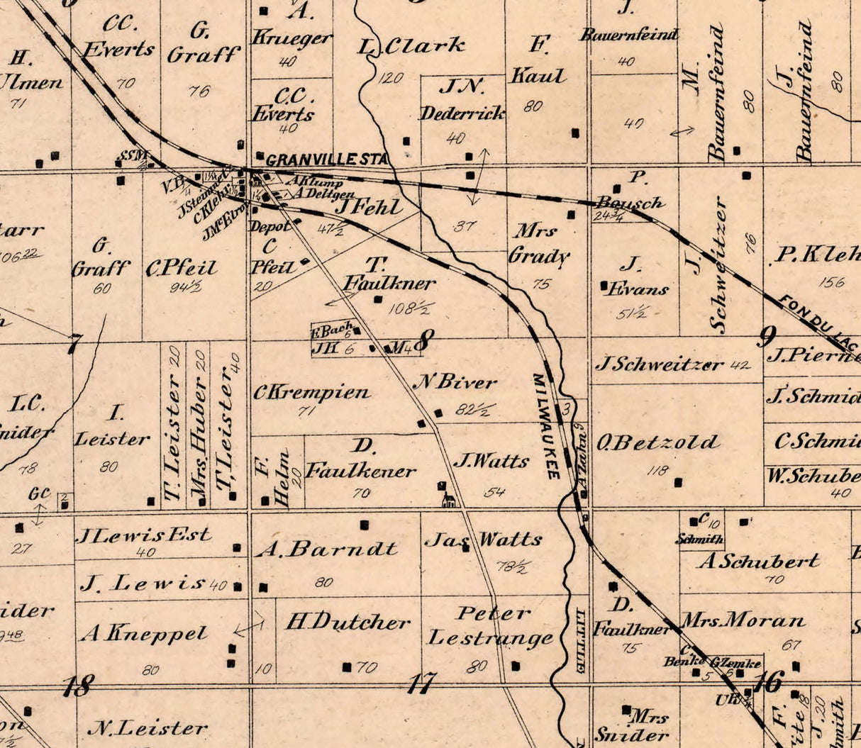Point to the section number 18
point(77,686)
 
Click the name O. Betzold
point(657,443)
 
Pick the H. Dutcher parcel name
point(348,623)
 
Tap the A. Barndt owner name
point(326,548)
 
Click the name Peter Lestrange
point(490,626)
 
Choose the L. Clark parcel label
point(411,47)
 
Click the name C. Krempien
point(311,392)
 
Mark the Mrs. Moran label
point(743,621)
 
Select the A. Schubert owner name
point(758,561)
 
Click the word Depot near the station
point(269,226)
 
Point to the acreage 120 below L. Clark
point(390,77)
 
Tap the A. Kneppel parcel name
point(144,633)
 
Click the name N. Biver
point(455,382)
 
